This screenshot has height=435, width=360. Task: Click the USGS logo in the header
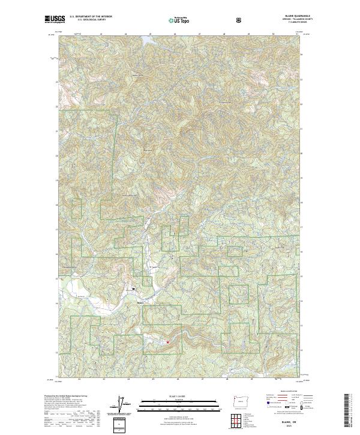tap(55, 19)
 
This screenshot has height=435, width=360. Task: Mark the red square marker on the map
tap(167, 343)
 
